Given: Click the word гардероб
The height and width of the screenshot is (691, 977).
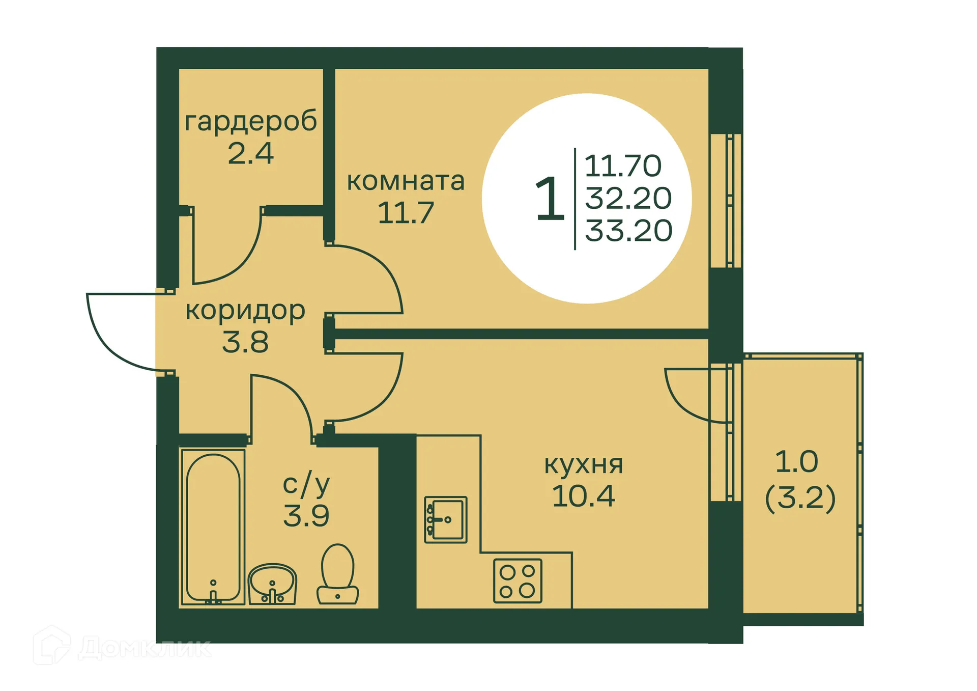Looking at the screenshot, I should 250,121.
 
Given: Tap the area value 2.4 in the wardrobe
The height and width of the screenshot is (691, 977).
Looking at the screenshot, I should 250,153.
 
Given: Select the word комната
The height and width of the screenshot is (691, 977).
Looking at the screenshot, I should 406,181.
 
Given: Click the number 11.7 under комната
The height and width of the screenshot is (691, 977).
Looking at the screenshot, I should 406,213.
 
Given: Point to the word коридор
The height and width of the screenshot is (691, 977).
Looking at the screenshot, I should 245,311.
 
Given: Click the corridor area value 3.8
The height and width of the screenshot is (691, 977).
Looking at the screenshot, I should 245,342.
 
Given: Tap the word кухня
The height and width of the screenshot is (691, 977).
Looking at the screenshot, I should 583,464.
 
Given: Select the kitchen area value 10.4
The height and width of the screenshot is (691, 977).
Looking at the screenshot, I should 583,496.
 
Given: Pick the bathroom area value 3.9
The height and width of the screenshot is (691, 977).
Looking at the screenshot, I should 306,516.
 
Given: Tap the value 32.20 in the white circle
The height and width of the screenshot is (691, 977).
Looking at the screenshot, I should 628,198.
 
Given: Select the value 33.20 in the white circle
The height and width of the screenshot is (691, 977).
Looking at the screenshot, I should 628,231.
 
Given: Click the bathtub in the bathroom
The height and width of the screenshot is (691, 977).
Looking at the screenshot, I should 213,527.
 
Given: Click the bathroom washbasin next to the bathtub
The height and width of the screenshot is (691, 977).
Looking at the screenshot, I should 272,584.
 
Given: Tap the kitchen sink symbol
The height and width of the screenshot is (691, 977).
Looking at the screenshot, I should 445,519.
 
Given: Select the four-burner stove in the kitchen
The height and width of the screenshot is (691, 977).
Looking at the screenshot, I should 517,581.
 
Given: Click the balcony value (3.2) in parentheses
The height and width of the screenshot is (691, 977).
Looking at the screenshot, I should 800,498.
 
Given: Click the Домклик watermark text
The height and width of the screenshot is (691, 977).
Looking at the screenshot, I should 145,648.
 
